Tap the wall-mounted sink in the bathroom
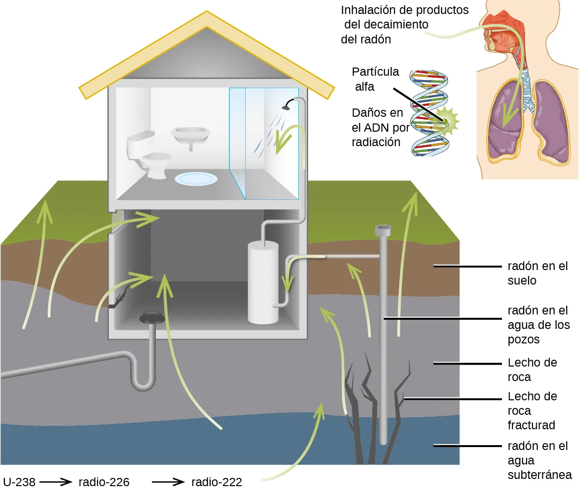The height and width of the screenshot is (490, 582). coord(191,135)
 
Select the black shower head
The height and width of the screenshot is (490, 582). coord(288,104)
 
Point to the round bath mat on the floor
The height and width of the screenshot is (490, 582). coord(196,178)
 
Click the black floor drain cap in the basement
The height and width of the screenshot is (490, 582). coord(152,317)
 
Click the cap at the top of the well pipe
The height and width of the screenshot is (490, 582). coord(383,231)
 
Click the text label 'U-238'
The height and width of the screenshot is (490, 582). coord(19,481)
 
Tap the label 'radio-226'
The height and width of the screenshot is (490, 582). coord(104,481)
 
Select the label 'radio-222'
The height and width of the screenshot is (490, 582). coord(217,481)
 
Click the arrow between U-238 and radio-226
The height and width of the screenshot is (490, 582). coord(55,481)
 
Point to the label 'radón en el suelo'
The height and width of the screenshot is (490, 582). coord(537,273)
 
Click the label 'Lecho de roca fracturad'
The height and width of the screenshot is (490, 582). coord(532,410)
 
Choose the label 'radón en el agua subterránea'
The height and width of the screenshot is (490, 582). coord(539,460)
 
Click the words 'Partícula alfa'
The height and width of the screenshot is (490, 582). coord(375,79)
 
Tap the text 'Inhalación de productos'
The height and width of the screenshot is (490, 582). coord(405,10)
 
